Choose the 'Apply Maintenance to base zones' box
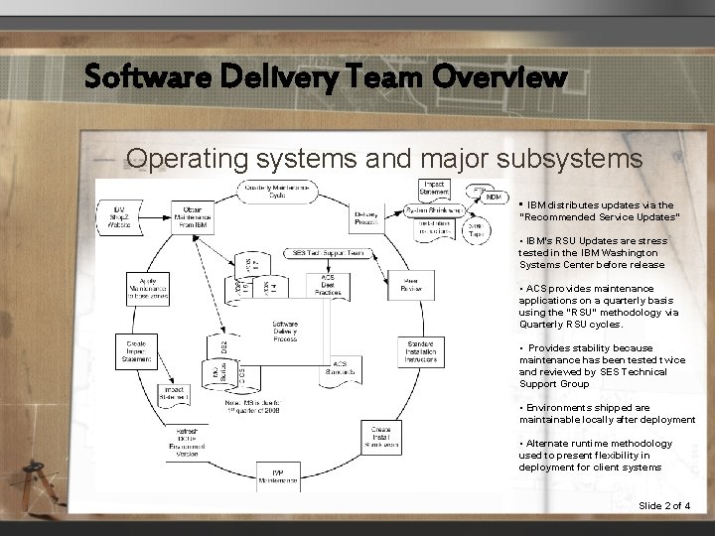coord(147,288)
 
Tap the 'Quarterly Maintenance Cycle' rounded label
coord(277,189)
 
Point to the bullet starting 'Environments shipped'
coord(606,413)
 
